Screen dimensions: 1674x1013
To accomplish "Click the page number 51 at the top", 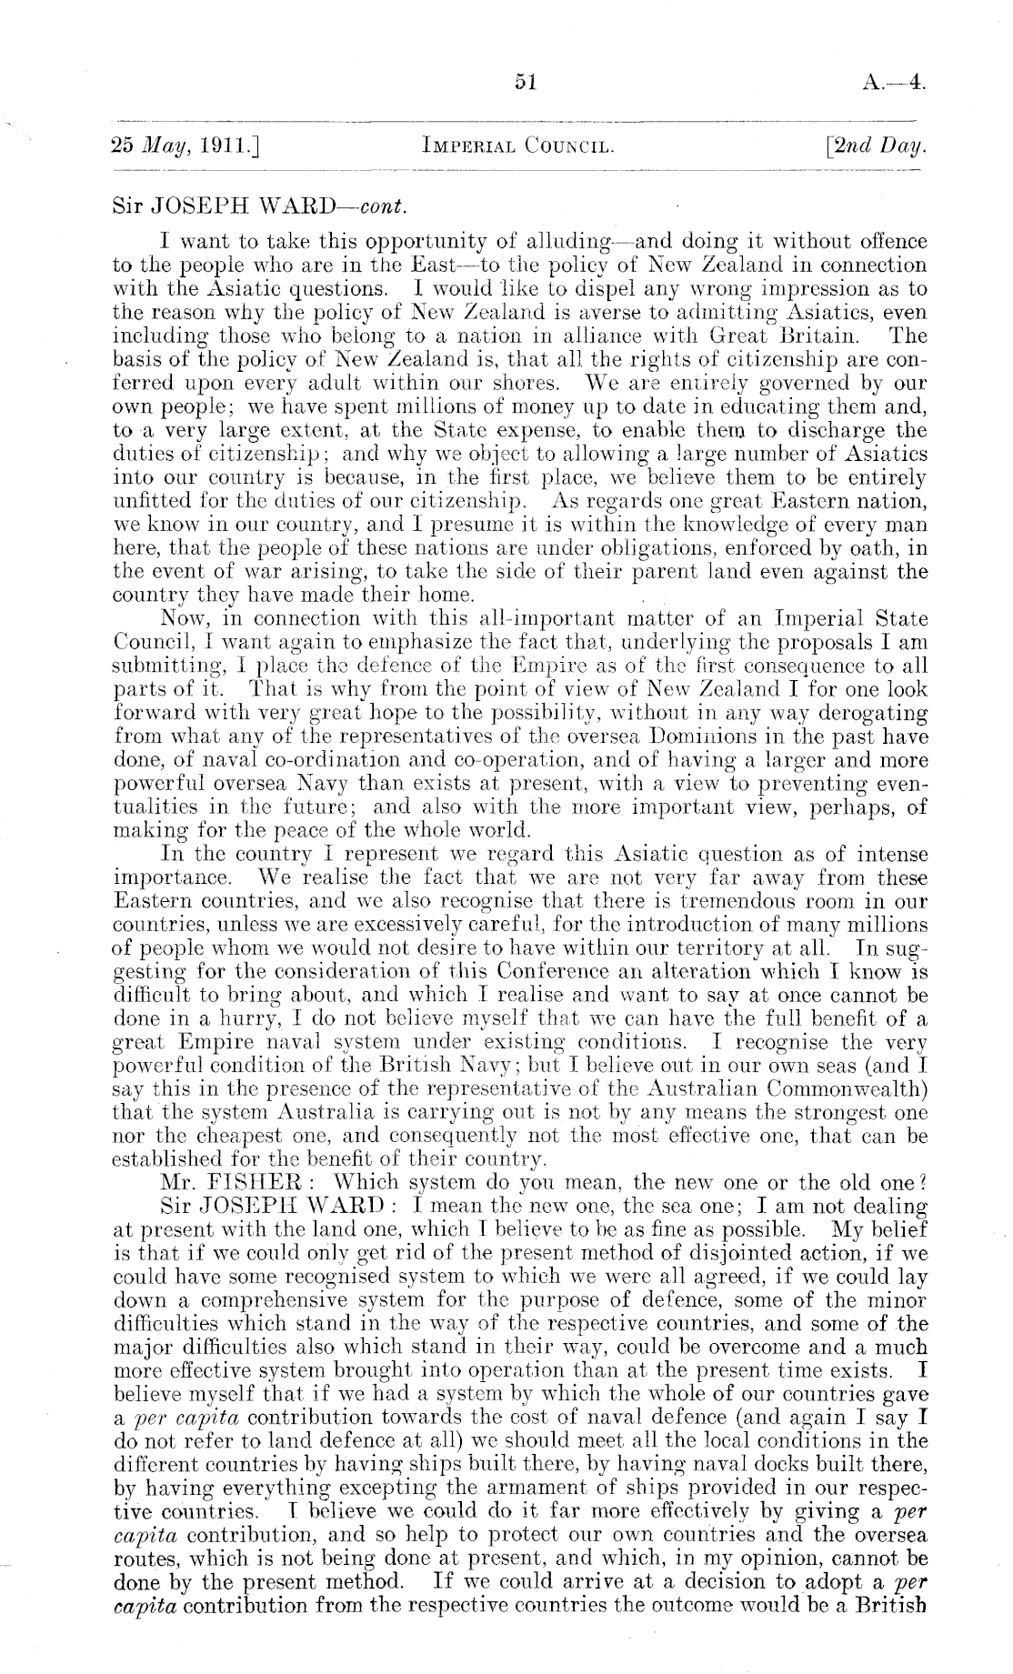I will click(527, 83).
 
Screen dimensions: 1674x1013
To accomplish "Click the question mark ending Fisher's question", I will click(921, 1183).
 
